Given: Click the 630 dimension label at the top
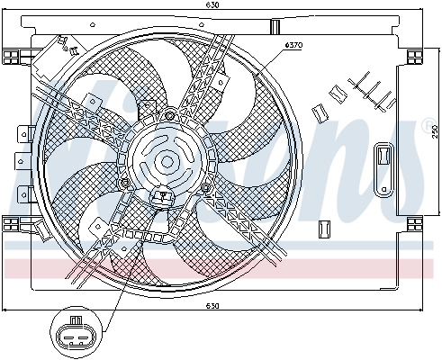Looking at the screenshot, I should click(x=212, y=6).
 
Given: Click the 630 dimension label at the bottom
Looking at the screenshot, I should click(x=212, y=306).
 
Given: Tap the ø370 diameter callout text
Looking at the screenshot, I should click(x=293, y=45).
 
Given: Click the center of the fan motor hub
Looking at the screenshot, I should click(x=167, y=162).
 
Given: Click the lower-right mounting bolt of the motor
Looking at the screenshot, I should click(x=208, y=187).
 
